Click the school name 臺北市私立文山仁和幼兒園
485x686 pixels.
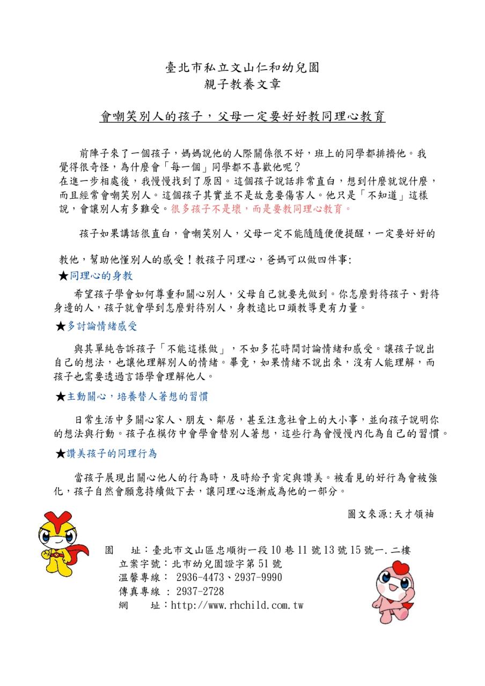[242, 68]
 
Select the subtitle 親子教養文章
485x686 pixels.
[242, 84]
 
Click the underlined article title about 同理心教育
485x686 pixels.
[242, 117]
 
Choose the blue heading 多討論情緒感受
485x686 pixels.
[102, 326]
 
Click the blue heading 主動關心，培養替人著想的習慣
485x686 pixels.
[137, 397]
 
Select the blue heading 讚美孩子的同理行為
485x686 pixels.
[112, 453]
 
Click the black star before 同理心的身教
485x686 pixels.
[63, 277]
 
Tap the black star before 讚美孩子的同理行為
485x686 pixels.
[61, 454]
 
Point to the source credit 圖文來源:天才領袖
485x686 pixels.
[391, 514]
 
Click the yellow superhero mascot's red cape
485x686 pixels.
[78, 552]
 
